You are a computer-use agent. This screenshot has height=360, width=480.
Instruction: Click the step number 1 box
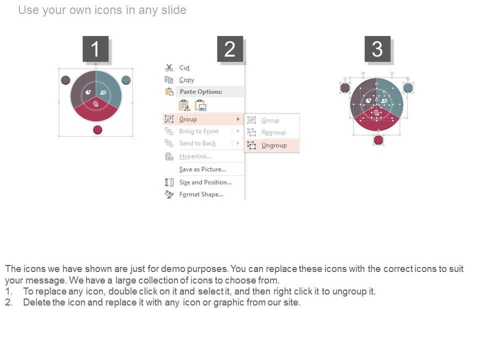(95, 49)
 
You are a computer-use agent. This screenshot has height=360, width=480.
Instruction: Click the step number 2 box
(230, 49)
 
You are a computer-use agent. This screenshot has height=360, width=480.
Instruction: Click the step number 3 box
(377, 49)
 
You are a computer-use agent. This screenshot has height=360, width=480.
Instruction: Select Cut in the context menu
(184, 67)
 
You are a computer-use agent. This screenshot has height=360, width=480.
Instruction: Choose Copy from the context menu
(186, 80)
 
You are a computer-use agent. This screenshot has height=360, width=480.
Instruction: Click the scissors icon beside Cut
(169, 67)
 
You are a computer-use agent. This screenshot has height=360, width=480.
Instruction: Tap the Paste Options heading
(201, 91)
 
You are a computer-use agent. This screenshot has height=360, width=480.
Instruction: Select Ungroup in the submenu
(274, 145)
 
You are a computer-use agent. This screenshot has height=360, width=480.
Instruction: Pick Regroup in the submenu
(273, 132)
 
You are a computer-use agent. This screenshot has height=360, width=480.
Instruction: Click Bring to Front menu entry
(199, 131)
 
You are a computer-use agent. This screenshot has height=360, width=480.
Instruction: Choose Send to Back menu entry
(197, 143)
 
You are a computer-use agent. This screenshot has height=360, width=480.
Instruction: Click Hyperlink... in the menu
(195, 156)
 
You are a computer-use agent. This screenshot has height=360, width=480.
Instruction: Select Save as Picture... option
(202, 169)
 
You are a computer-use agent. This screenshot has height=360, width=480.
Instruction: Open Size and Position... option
(205, 182)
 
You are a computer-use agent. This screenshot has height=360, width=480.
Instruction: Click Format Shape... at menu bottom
(201, 194)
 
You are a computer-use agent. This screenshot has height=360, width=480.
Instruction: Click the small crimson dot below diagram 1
(97, 130)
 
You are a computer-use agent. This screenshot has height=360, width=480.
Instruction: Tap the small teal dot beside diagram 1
(126, 80)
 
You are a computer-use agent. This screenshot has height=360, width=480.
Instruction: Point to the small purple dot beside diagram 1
(65, 80)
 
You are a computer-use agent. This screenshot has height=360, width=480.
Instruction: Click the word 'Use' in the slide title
(28, 10)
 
